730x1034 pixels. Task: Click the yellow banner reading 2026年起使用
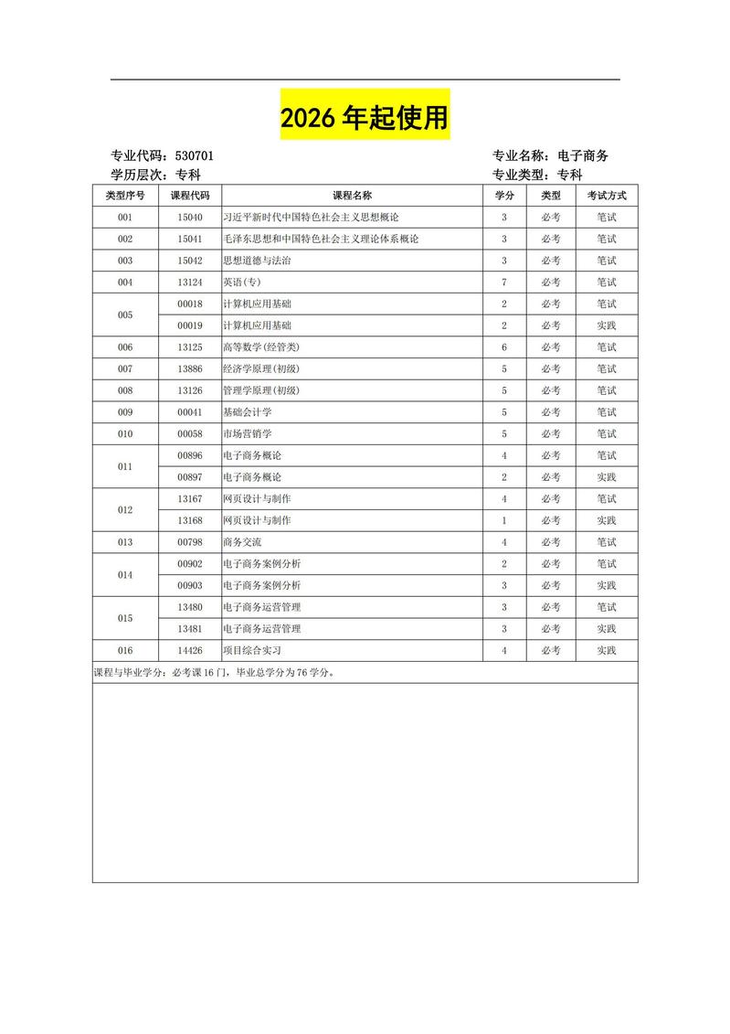point(365,116)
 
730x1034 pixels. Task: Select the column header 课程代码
point(190,196)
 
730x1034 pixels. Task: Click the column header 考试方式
point(606,196)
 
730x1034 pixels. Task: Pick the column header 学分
point(504,196)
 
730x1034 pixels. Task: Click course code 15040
point(190,218)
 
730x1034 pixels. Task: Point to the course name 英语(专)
point(242,282)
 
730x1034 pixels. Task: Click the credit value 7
point(504,282)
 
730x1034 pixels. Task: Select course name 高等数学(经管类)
point(261,347)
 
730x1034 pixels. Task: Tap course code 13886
point(190,369)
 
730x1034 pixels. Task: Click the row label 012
point(125,510)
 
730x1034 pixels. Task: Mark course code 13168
point(190,520)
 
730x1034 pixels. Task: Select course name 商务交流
point(242,542)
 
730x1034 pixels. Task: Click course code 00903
point(190,585)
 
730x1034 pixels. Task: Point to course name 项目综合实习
point(252,650)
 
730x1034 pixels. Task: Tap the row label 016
point(125,650)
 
